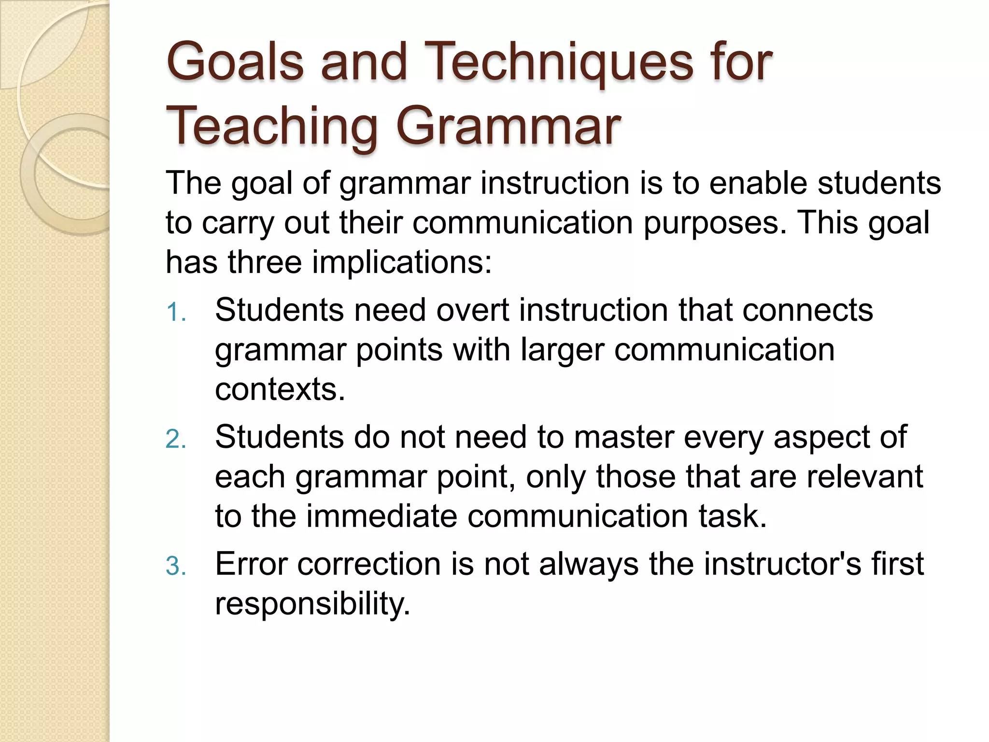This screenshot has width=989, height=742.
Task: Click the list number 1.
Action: click(x=175, y=312)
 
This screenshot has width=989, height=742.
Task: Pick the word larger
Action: click(x=563, y=350)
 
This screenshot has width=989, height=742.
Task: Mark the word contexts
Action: click(x=280, y=389)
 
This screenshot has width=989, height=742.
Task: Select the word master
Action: click(x=623, y=437)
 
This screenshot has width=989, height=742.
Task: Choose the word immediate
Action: click(x=381, y=516)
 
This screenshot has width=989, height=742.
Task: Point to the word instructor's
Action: click(x=782, y=564)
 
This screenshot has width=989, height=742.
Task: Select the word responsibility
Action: click(x=312, y=604)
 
